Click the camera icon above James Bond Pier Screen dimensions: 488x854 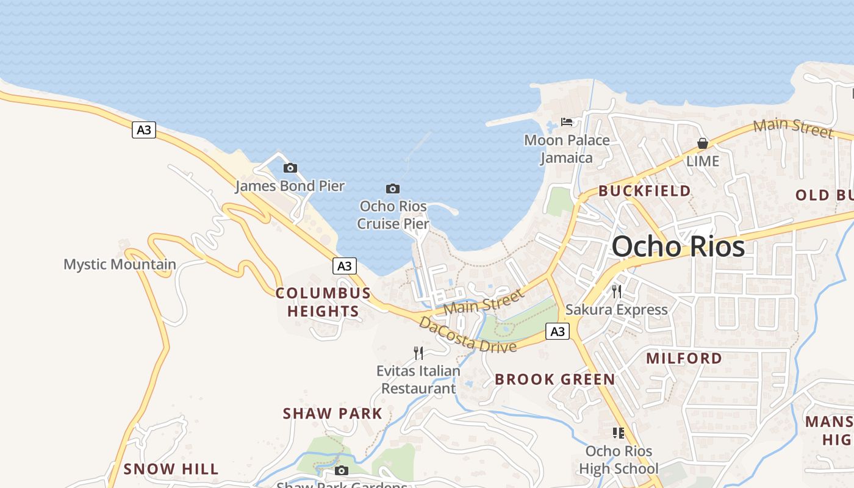pos(290,168)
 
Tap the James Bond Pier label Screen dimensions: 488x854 pos(290,186)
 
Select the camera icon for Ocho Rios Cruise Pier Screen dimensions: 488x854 pos(393,188)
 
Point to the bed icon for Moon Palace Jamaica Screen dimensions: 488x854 pos(567,122)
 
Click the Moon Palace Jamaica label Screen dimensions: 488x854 pos(567,149)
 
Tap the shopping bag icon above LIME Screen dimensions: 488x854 pos(703,144)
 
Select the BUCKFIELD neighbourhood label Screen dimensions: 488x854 pos(645,191)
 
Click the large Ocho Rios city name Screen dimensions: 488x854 pos(678,246)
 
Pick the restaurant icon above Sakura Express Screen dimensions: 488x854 pos(617,292)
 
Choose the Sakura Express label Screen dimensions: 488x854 pos(617,309)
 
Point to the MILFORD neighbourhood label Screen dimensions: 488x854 pos(684,358)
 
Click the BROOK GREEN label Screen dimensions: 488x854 pos(555,379)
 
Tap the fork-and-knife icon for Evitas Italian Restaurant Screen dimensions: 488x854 pos(418,353)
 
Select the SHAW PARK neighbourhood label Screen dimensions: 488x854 pos(332,414)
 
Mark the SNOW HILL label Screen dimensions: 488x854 pos(171,469)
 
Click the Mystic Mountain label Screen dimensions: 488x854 pos(120,265)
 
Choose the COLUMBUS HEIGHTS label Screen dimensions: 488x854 pos(323,302)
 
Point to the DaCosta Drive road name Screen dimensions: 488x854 pos(468,335)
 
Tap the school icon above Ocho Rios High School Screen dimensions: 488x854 pos(619,433)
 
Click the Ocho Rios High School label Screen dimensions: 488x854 pos(619,460)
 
